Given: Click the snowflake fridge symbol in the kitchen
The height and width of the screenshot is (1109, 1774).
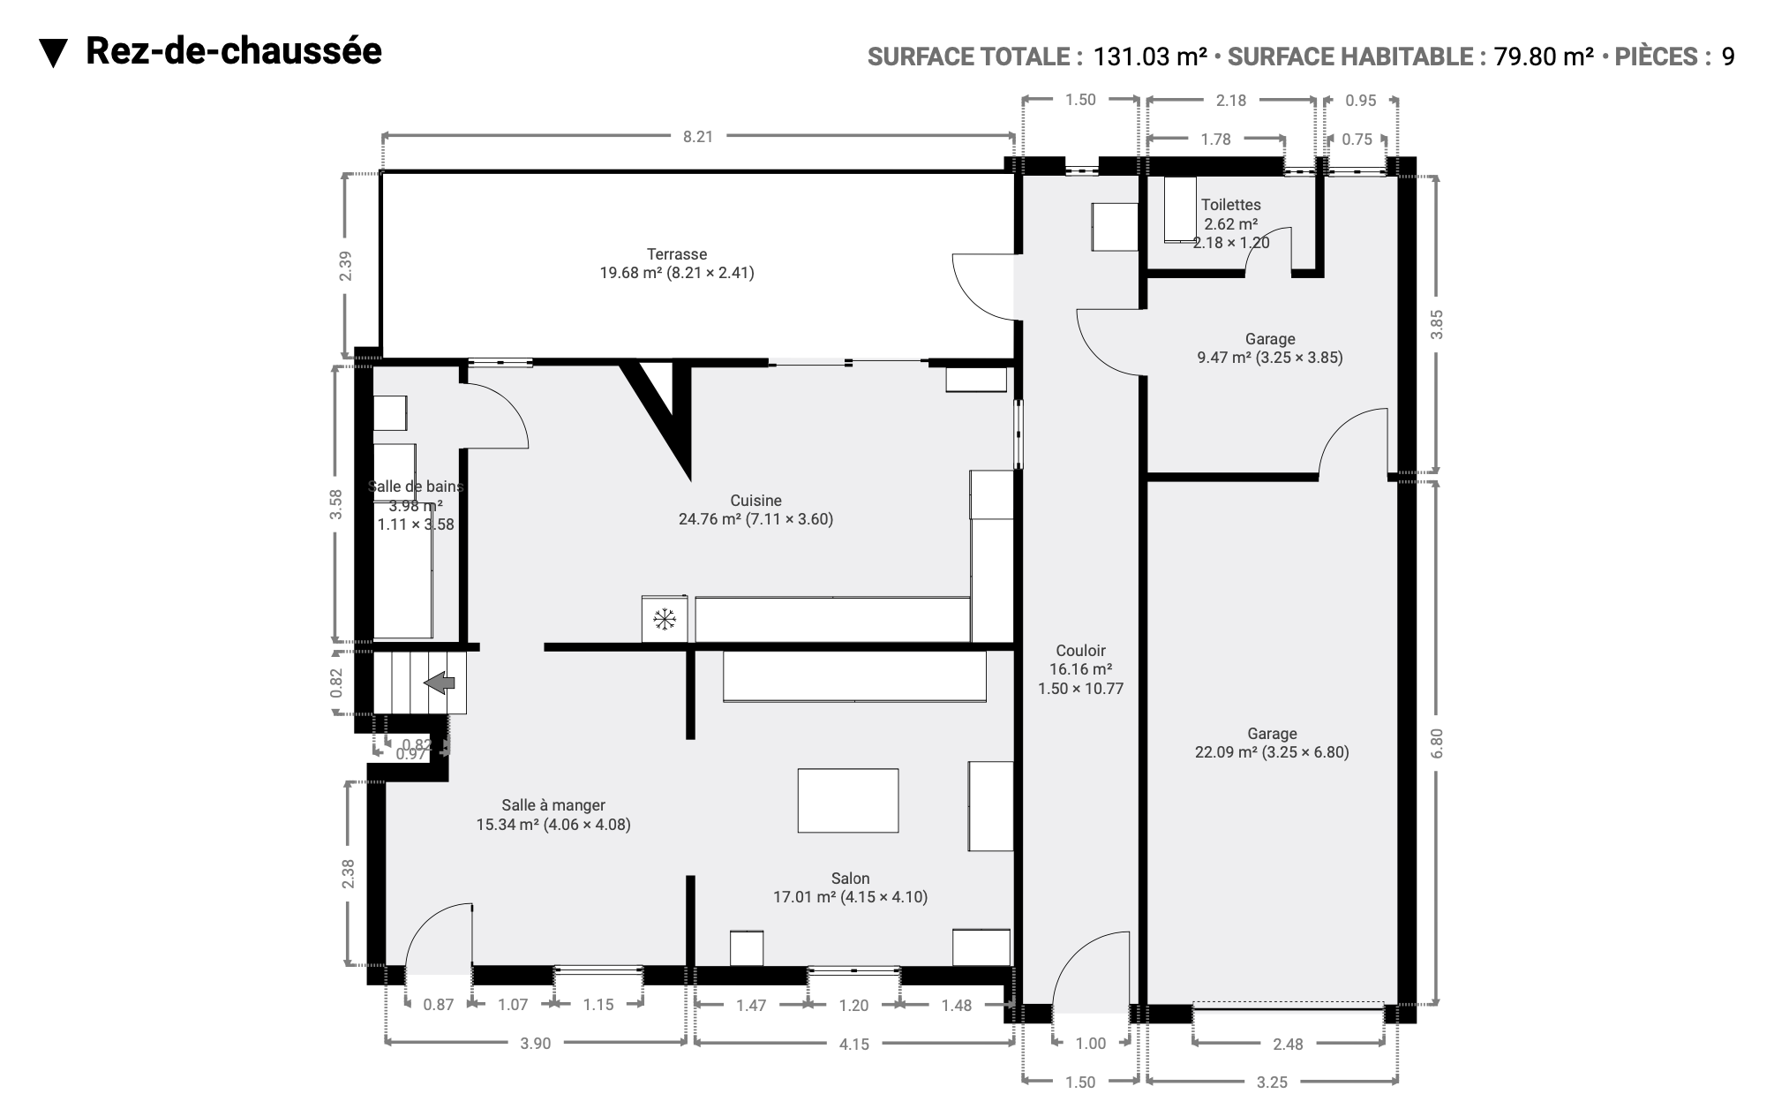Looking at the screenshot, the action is (664, 620).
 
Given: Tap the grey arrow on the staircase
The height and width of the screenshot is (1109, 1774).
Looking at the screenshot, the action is (440, 682).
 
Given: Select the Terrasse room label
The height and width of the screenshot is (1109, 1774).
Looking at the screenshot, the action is (677, 254).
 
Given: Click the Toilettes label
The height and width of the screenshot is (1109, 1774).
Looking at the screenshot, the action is (1231, 205).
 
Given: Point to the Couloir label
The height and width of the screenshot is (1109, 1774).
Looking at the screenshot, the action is (1080, 651).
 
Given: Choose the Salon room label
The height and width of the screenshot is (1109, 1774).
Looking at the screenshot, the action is (850, 879).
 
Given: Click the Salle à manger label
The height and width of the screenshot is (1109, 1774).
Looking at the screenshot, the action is (553, 805).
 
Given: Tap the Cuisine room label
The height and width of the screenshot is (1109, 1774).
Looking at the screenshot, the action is (755, 501).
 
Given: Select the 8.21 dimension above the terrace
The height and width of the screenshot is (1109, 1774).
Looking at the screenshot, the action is (697, 137).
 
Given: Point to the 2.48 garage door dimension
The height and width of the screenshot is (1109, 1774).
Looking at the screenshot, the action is (1288, 1045).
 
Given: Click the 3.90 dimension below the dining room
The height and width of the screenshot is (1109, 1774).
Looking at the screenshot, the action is (535, 1044).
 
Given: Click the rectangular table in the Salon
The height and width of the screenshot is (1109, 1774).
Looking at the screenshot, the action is (848, 800).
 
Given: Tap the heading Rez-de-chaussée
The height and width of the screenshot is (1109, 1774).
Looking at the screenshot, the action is (234, 51).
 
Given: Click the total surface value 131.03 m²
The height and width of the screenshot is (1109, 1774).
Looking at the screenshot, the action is (1150, 57).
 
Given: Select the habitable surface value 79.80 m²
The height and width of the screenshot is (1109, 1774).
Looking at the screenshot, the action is (1544, 57).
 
